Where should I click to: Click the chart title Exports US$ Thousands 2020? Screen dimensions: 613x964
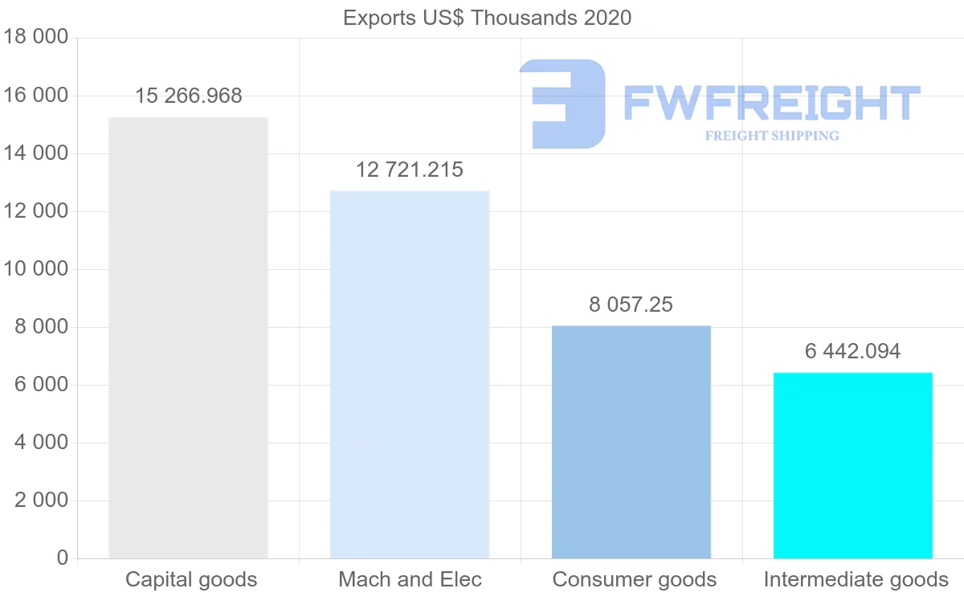[487, 17]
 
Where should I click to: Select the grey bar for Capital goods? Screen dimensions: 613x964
[188, 337]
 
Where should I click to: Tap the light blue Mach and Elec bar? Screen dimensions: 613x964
[410, 374]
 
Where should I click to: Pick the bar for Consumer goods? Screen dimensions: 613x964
[631, 442]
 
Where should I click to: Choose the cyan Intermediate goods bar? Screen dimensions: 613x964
[852, 465]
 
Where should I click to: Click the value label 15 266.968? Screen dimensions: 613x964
[188, 96]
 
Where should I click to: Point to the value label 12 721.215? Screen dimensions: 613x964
[410, 170]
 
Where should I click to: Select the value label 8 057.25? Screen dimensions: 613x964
[631, 305]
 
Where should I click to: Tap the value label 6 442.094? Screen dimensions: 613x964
[852, 352]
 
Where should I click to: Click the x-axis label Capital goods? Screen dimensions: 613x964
[191, 580]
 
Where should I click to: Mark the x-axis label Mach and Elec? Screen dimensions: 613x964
[410, 580]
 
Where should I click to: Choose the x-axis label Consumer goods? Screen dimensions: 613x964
[634, 580]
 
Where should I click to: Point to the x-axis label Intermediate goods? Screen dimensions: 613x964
[856, 580]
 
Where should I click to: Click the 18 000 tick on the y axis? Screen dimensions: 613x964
[35, 38]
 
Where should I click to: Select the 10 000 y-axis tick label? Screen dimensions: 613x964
[35, 269]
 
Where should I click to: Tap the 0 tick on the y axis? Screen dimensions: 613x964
[62, 558]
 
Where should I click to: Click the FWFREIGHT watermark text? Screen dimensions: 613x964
[771, 103]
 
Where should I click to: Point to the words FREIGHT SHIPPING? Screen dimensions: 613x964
[771, 136]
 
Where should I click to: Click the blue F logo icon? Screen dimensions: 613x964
[562, 104]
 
